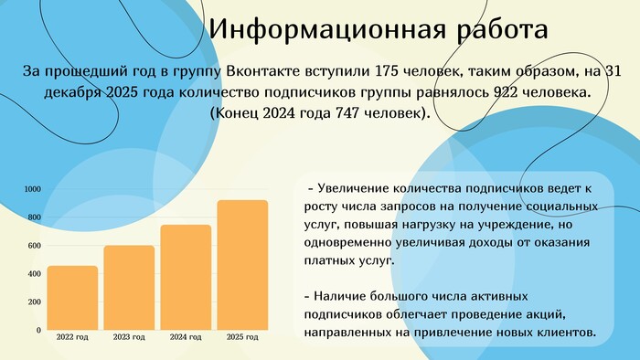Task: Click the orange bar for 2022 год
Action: point(72,298)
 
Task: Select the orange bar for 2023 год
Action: point(129,288)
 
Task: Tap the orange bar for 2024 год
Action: point(186,277)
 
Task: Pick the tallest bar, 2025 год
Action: point(242,265)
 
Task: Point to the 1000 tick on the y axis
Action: point(33,189)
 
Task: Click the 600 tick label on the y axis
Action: point(35,246)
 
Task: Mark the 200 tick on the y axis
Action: point(35,302)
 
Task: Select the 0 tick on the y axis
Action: point(38,330)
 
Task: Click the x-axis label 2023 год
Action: point(129,337)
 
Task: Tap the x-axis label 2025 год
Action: point(242,337)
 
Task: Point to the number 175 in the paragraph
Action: point(386,71)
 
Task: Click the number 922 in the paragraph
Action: point(507,92)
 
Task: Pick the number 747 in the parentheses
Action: point(347,113)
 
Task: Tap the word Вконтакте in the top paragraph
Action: point(263,71)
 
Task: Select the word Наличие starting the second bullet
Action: point(339,296)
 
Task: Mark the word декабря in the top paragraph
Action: point(73,93)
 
